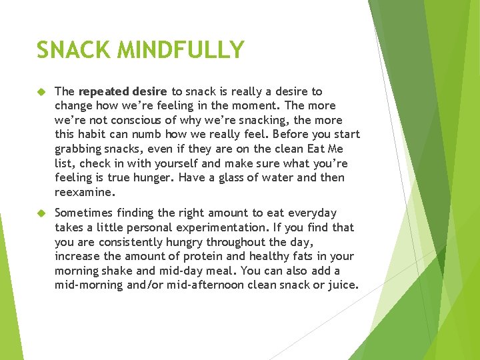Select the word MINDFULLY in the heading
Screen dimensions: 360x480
click(179, 50)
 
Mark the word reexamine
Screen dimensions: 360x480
click(84, 192)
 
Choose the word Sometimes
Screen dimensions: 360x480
click(85, 213)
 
